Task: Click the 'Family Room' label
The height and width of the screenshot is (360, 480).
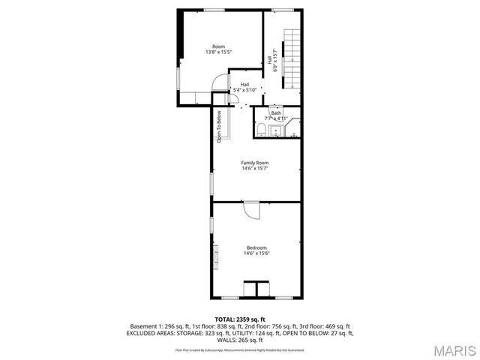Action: pos(255,163)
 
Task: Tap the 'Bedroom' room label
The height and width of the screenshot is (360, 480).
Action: pos(256,247)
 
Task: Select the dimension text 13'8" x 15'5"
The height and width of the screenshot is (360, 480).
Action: pos(218,52)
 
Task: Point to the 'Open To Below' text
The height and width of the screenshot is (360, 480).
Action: pos(220,127)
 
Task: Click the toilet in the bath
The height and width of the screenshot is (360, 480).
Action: pos(259,131)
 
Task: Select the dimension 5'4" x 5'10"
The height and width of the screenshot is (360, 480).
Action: pos(244,90)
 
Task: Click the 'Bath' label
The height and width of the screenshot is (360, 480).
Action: pos(276,113)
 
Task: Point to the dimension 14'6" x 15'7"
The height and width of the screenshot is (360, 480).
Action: pos(255,169)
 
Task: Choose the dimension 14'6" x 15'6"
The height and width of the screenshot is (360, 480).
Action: pos(256,253)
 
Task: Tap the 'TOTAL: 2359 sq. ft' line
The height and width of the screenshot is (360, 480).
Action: pos(240,319)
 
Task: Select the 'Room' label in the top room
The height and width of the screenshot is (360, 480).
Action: pos(218,46)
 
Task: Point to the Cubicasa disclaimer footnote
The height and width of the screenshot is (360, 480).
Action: pos(240,349)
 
